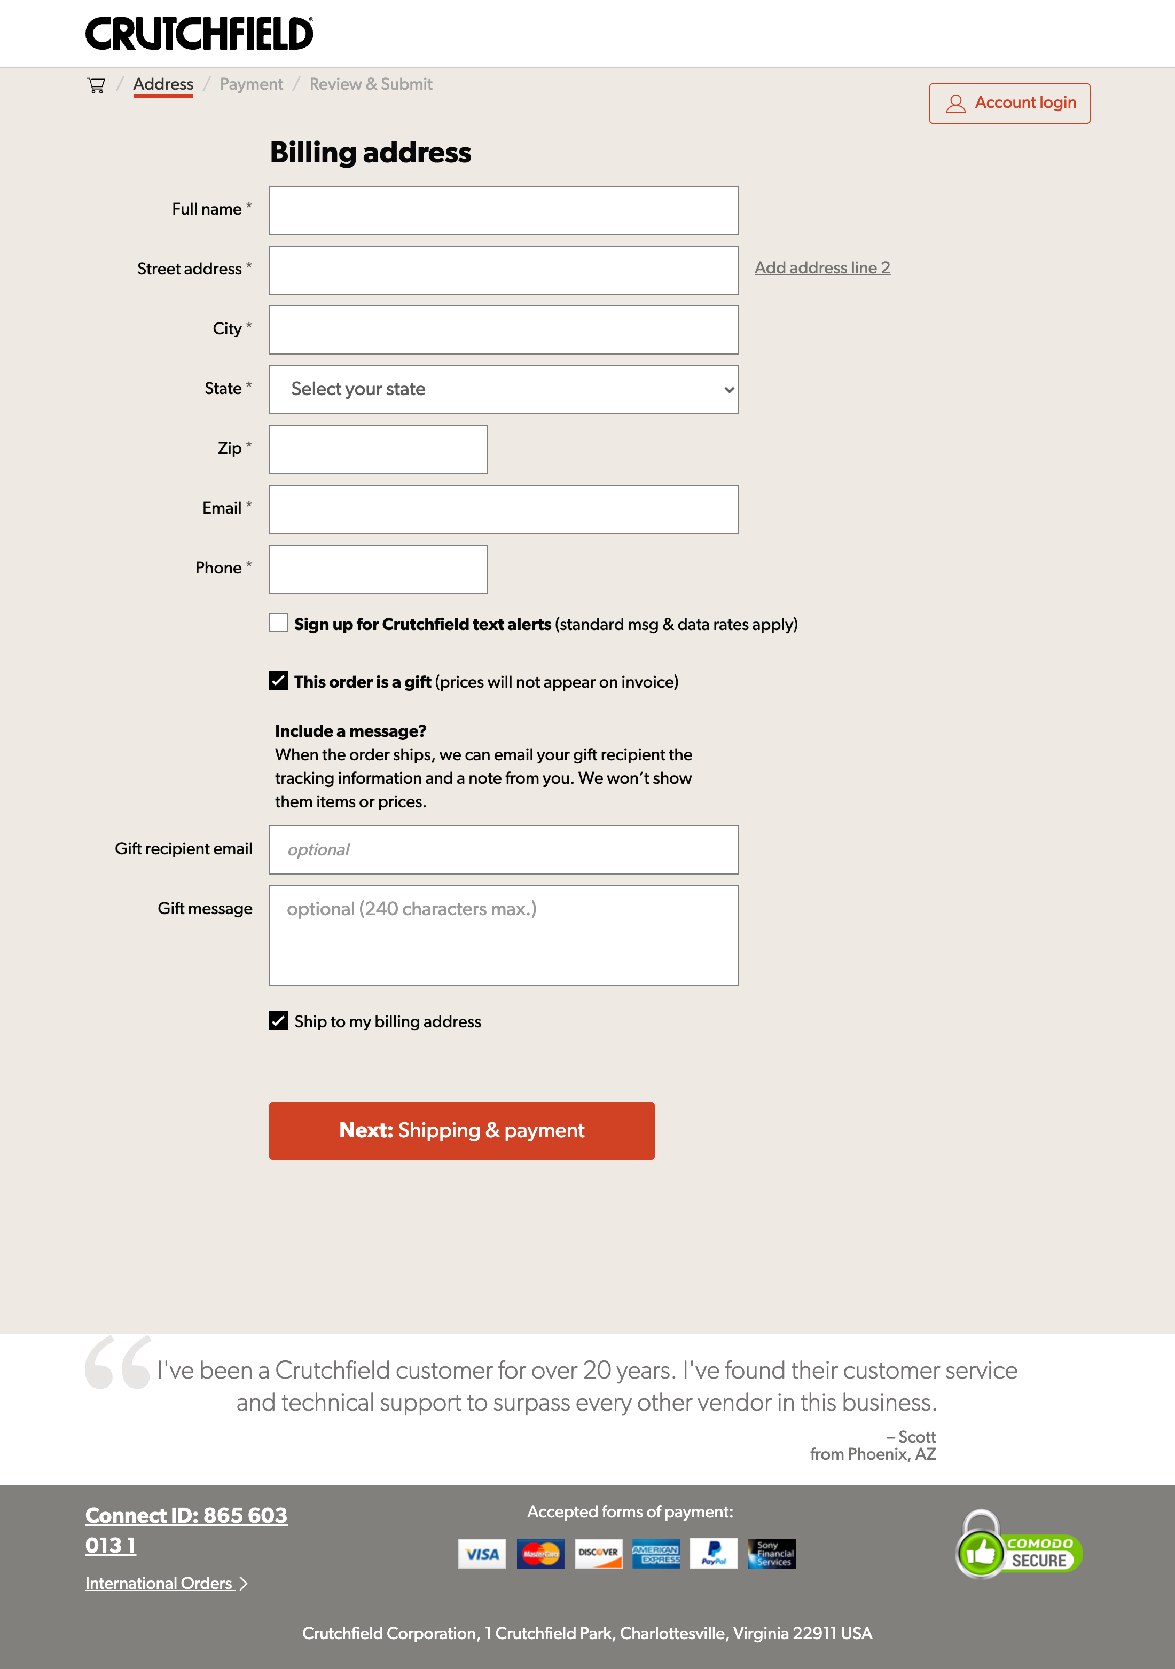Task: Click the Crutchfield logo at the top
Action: (x=199, y=34)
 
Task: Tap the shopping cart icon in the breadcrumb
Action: (x=96, y=85)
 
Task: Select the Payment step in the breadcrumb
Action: (x=251, y=84)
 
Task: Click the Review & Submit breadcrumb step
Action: (x=371, y=84)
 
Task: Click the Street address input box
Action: (x=503, y=270)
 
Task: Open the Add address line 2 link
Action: (x=821, y=267)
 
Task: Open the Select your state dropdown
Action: (x=503, y=390)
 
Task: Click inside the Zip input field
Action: (x=378, y=449)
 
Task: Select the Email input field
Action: (x=503, y=509)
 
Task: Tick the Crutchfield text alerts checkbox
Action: (x=278, y=623)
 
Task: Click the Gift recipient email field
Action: (x=503, y=850)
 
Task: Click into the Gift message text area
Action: (x=503, y=935)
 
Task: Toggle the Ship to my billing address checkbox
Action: (x=278, y=1021)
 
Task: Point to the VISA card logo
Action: (x=482, y=1554)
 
